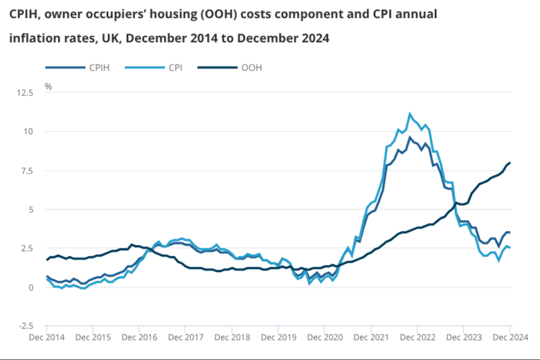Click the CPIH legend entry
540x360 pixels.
(97, 67)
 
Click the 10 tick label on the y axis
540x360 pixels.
(38, 131)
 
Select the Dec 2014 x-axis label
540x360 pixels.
(47, 337)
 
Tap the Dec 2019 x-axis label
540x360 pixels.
(278, 337)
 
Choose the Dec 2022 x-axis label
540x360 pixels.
(417, 337)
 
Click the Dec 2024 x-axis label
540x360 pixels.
(510, 337)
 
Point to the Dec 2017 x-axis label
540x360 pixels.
(186, 337)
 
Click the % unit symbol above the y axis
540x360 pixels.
(48, 87)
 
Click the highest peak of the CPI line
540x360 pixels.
(410, 114)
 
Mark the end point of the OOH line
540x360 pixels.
(510, 163)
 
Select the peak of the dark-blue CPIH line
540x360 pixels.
(410, 137)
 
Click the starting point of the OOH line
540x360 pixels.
(47, 260)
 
